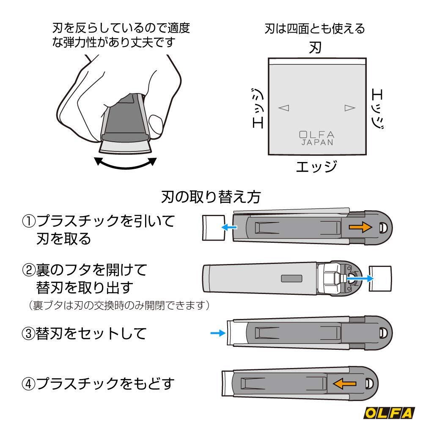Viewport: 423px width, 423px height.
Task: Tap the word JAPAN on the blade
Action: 317,143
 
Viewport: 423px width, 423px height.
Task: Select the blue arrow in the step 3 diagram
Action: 218,333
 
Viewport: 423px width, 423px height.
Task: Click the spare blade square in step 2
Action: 379,278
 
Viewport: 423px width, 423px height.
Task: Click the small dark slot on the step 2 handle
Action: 292,278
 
